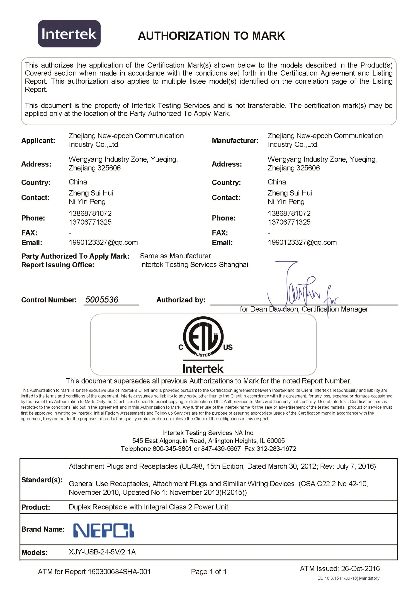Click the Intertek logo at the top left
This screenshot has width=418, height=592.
click(x=69, y=34)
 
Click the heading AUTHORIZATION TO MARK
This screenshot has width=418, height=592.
click(x=211, y=36)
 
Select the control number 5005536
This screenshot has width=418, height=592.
click(x=102, y=300)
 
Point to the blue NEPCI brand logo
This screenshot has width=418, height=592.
click(x=103, y=530)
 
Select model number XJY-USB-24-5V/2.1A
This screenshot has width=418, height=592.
click(x=102, y=552)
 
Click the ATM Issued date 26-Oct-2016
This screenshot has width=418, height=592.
click(x=360, y=569)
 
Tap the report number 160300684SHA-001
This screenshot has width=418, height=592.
click(x=119, y=572)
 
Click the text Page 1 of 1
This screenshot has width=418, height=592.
click(x=209, y=572)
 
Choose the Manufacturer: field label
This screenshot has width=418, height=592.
click(x=235, y=141)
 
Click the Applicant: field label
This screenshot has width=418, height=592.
click(x=38, y=141)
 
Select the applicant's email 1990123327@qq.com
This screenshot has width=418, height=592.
click(x=103, y=242)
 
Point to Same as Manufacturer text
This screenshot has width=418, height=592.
click(x=175, y=256)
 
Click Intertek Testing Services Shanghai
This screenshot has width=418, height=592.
click(x=194, y=264)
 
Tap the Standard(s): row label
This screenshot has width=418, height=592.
click(x=42, y=480)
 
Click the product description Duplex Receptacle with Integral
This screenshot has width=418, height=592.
click(x=148, y=507)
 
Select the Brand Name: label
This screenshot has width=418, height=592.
click(x=43, y=529)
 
